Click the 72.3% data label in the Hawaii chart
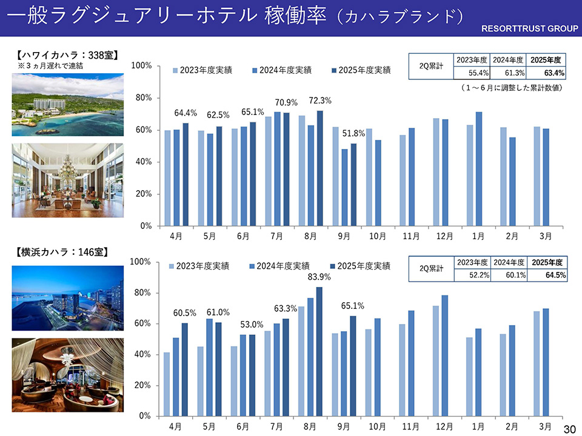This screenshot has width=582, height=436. tap(320, 100)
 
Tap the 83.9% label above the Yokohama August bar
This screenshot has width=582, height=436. tap(319, 277)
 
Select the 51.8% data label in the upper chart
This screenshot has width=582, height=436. tap(353, 133)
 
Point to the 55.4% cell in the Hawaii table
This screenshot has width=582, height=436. tap(472, 73)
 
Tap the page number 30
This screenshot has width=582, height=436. tap(569, 429)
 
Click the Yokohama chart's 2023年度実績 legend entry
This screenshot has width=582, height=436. tap(198, 266)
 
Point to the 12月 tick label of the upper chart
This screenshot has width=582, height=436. tap(444, 236)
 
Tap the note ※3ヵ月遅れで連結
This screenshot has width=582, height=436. tap(50, 65)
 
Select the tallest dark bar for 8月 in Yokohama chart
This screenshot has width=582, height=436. tap(319, 351)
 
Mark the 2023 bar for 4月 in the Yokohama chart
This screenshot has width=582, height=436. tap(167, 384)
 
